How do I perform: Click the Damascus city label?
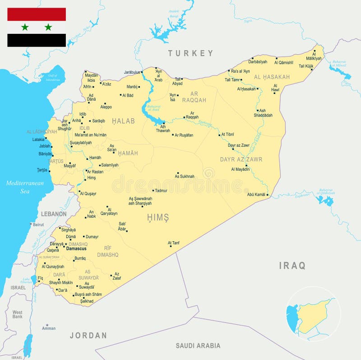(76, 248)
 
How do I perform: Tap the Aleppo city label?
(106, 107)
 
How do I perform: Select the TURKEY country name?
(190, 53)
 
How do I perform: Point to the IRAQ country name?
(292, 266)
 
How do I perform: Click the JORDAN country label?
(88, 335)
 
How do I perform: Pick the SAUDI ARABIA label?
(198, 346)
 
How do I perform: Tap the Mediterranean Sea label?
(25, 187)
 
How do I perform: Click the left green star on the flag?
(25, 27)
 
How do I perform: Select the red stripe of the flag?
(37, 14)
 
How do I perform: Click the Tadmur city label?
(161, 191)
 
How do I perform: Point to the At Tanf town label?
(174, 243)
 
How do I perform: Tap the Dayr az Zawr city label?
(239, 145)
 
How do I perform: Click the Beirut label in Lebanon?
(38, 224)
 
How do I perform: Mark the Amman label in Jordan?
(49, 328)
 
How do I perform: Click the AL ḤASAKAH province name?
(272, 77)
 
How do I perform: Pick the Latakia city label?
(38, 140)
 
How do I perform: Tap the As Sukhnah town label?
(185, 177)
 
